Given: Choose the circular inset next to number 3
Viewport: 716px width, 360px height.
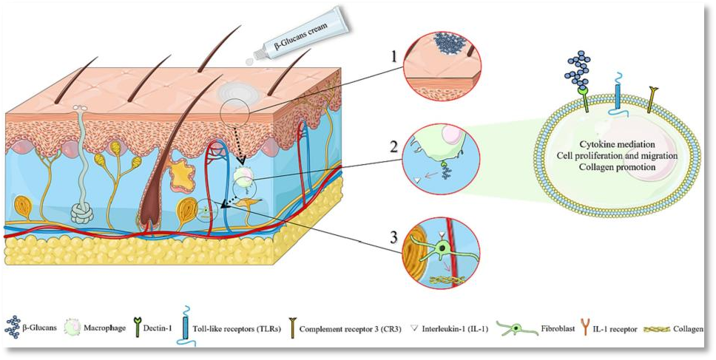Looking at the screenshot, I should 442,252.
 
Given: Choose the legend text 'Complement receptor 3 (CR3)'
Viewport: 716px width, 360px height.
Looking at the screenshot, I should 350,327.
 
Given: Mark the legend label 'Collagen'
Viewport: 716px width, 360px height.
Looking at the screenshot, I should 687,327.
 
